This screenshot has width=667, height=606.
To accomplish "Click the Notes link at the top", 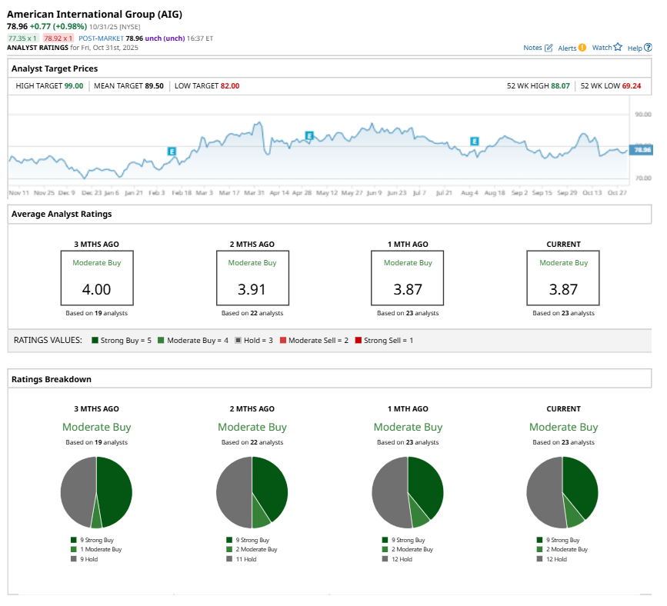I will point(537,48).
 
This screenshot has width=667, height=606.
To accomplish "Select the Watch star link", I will point(606,48).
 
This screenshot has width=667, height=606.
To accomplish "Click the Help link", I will point(638,48).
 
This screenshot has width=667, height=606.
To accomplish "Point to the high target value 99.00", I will point(74,86).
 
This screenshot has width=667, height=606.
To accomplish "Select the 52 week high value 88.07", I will point(560,86).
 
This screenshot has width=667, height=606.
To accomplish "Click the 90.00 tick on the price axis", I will point(642,114).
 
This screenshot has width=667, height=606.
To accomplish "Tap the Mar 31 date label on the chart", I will point(255,192).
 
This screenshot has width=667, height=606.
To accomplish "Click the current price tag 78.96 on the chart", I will point(641,149).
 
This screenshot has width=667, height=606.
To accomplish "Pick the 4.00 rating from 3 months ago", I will point(96,291).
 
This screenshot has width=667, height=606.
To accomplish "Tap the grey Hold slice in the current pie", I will point(543,492).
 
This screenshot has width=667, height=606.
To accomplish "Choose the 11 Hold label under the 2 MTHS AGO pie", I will point(245,559).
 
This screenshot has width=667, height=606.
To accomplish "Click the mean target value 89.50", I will point(154,86).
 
